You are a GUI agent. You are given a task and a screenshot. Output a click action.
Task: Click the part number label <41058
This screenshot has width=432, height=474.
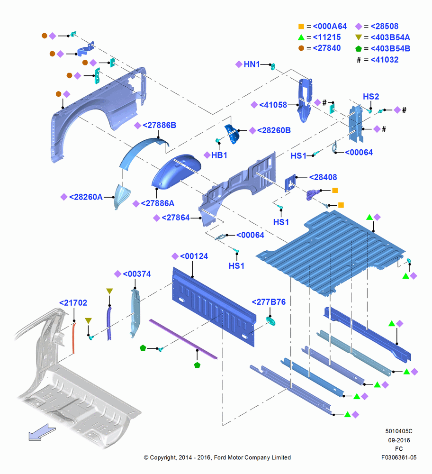click(273, 105)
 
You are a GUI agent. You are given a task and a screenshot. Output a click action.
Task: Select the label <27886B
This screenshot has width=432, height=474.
click(159, 125)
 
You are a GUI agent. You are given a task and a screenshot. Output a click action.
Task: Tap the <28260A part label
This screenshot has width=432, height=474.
click(86, 197)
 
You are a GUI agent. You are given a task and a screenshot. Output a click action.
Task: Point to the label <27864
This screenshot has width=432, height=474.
click(176, 218)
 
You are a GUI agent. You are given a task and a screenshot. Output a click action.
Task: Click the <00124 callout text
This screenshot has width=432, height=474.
click(194, 256)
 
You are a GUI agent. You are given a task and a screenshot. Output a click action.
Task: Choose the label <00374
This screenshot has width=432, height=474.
click(137, 274)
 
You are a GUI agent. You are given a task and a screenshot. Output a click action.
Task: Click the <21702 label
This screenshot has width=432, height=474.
click(73, 302)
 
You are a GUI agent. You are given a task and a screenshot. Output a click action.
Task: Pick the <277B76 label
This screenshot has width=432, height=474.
click(269, 302)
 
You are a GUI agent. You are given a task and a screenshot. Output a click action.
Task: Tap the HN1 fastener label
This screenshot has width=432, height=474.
click(252, 64)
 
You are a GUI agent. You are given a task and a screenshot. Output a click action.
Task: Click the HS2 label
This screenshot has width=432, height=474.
click(371, 96)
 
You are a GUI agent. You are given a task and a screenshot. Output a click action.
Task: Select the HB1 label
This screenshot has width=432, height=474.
click(219, 155)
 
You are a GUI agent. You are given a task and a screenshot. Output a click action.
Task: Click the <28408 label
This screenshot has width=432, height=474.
click(323, 177)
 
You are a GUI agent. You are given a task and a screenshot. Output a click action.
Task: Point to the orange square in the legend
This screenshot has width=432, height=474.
click(301, 26)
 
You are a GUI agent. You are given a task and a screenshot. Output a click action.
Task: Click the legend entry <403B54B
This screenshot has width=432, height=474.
click(390, 49)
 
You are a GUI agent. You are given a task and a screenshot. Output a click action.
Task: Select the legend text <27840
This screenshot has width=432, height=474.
click(327, 48)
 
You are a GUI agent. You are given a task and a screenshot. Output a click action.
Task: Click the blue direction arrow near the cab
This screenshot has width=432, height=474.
click(42, 432)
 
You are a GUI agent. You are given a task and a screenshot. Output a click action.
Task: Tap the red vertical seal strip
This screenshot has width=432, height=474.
click(74, 338)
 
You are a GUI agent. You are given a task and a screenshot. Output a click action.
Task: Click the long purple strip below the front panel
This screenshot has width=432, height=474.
click(183, 339)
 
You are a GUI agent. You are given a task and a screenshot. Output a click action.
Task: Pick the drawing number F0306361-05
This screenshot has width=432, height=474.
click(399, 457)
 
